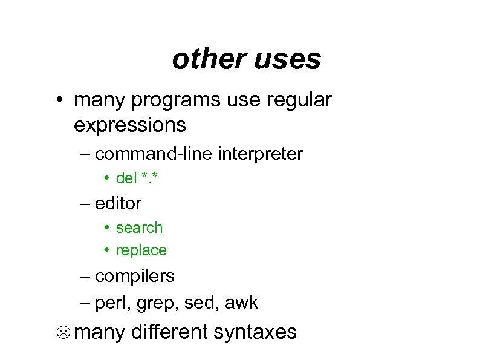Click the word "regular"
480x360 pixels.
click(299, 100)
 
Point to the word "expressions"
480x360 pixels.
click(130, 125)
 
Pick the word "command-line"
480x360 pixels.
click(154, 154)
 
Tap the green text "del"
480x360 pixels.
click(127, 178)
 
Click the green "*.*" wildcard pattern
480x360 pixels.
click(151, 178)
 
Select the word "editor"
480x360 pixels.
click(118, 203)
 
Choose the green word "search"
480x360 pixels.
click(140, 228)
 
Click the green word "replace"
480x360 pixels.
click(141, 250)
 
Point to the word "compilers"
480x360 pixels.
click(135, 277)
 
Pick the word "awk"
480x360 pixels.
click(241, 303)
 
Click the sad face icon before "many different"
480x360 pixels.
click(65, 333)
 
